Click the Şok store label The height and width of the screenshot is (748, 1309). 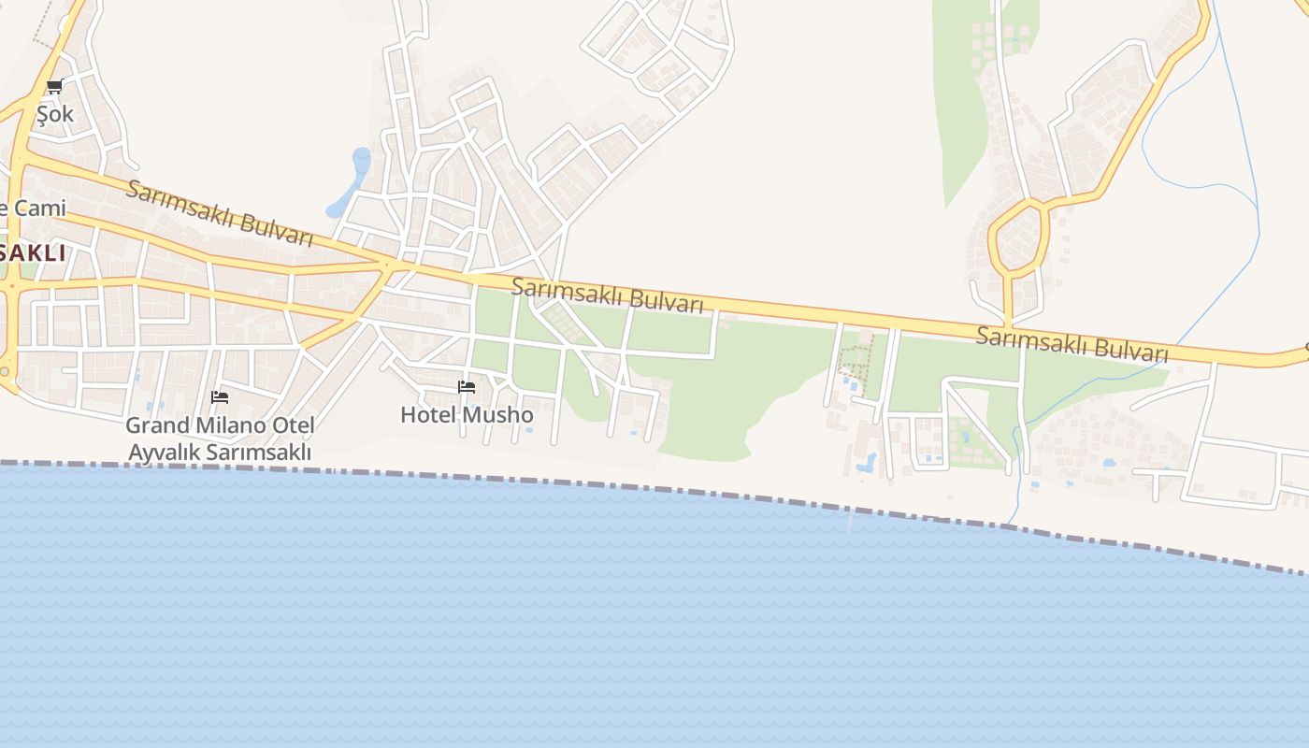[54, 114]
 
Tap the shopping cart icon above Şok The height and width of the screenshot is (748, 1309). [54, 87]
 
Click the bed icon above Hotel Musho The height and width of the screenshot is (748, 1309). [467, 387]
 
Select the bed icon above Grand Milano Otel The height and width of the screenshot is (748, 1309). [220, 397]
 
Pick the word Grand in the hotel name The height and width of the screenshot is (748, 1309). [156, 425]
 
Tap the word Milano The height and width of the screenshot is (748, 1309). [226, 425]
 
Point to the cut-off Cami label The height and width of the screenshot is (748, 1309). [34, 208]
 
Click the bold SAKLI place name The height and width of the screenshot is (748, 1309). [34, 252]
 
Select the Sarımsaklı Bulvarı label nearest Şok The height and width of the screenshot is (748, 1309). [220, 213]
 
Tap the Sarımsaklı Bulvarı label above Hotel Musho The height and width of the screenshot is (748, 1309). [607, 295]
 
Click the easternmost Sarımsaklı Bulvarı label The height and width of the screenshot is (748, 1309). [1072, 344]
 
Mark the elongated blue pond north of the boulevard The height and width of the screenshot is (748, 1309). [352, 180]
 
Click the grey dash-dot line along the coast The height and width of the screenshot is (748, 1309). [654, 488]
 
